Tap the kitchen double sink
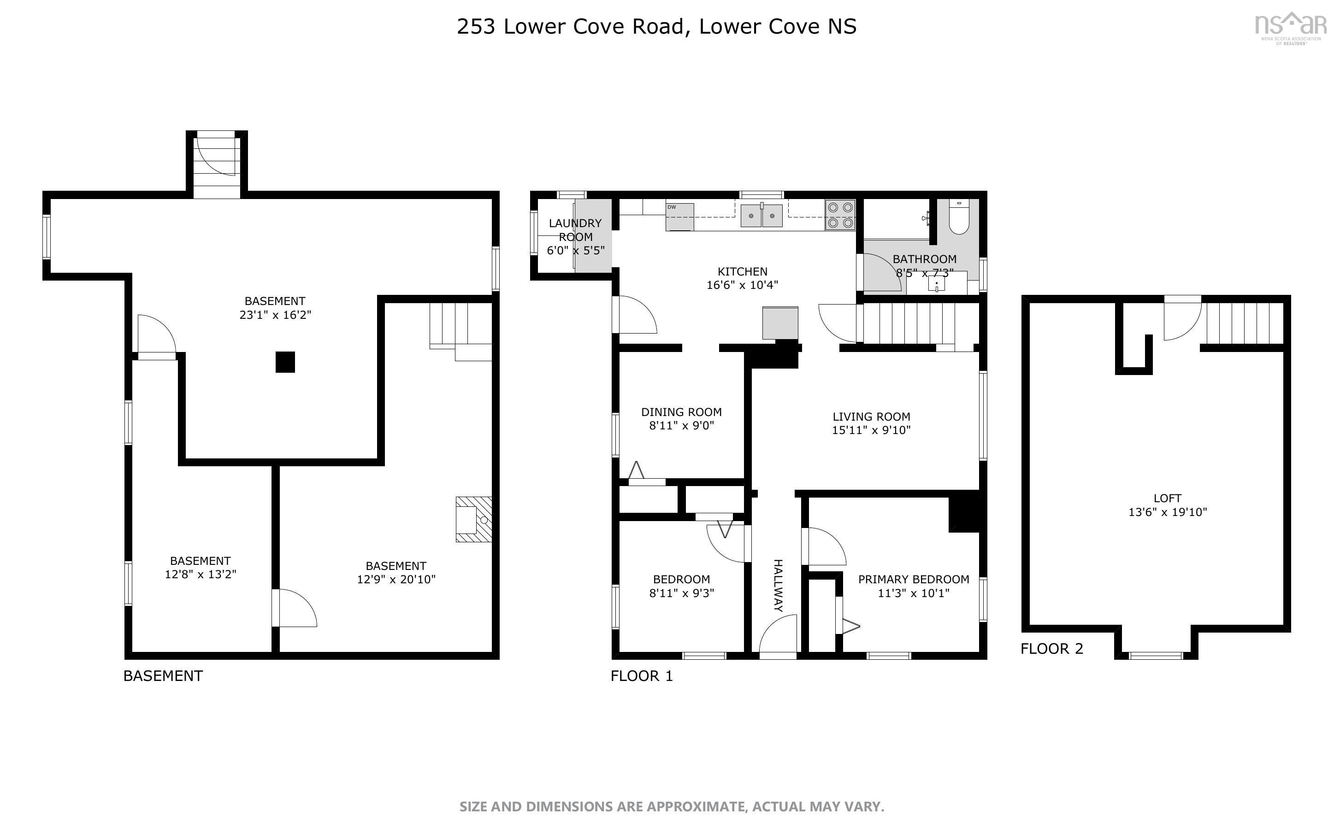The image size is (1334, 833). (761, 216)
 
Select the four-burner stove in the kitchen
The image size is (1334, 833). (840, 215)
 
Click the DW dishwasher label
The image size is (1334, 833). (672, 207)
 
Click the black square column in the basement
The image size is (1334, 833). (285, 362)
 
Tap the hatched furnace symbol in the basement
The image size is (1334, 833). (473, 519)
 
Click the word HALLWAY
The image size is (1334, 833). (778, 585)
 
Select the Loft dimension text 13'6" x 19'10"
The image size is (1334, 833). (1167, 512)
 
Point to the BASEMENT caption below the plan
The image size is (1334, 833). (163, 676)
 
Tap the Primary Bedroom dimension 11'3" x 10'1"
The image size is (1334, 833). (913, 593)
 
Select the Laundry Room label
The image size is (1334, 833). (575, 230)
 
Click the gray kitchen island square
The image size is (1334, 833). (779, 323)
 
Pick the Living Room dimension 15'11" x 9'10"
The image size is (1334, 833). (871, 430)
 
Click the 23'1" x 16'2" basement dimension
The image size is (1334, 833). (275, 315)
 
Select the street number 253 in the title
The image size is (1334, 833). (476, 26)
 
